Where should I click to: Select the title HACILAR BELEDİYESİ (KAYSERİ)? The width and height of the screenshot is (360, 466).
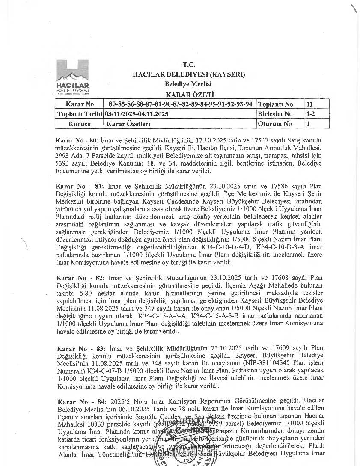pyautogui.click(x=189, y=74)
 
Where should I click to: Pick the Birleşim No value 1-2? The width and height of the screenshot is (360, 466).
pyautogui.click(x=311, y=114)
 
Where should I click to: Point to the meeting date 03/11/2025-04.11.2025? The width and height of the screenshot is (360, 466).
pyautogui.click(x=137, y=114)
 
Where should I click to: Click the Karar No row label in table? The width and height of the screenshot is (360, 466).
pyautogui.click(x=80, y=104)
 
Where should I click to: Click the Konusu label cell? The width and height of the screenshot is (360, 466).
pyautogui.click(x=80, y=124)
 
